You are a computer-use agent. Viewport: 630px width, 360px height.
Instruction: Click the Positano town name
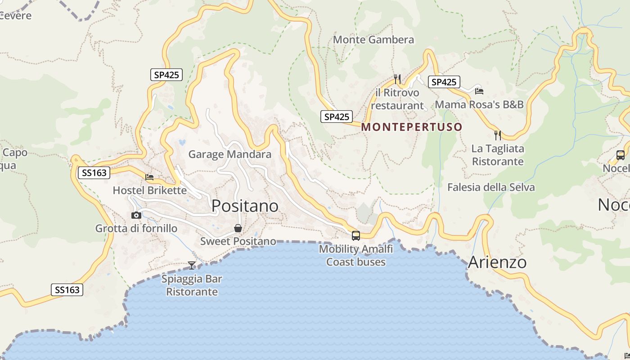245,206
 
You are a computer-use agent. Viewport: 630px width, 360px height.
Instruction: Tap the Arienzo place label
497,262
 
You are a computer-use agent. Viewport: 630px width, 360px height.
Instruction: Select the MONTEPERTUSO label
412,127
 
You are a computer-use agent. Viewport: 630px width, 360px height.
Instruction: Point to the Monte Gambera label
373,40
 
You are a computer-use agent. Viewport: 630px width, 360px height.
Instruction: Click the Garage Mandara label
229,154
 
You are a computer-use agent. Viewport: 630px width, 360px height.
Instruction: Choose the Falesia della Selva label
491,187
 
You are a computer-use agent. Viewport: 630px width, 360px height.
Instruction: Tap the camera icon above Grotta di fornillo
136,215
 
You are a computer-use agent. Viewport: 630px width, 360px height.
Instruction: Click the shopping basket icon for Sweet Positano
238,228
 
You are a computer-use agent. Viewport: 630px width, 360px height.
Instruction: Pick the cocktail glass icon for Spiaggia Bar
192,265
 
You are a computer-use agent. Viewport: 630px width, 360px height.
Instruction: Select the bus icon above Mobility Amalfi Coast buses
356,235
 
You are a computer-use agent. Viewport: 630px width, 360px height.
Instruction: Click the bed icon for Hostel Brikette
149,177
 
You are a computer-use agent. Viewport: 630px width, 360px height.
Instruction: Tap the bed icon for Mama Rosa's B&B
479,91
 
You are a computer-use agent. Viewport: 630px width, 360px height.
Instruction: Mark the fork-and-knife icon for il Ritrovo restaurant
397,79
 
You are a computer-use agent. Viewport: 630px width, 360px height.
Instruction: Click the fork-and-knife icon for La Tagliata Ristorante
498,135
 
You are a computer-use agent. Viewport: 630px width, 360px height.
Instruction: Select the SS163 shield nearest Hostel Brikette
94,172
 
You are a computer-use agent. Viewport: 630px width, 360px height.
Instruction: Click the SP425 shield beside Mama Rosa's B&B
444,82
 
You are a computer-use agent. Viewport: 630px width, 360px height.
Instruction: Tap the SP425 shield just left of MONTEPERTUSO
337,117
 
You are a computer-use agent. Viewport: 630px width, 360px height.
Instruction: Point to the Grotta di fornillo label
136,229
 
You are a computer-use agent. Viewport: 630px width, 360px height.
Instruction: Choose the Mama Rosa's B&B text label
479,104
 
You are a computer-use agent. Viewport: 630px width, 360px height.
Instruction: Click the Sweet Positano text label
238,241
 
